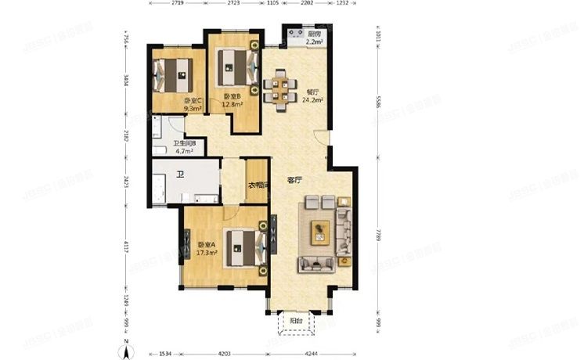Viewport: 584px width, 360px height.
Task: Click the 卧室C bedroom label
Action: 193,101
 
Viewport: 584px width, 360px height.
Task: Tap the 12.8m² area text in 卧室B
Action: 232,103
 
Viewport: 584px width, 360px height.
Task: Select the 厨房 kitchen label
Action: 314,34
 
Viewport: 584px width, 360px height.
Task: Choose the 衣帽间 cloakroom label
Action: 259,185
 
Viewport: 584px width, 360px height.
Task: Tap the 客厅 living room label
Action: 294,180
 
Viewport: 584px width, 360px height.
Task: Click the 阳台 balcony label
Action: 296,320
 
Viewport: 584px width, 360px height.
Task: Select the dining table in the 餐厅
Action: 280,88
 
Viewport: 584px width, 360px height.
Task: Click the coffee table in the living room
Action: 320,231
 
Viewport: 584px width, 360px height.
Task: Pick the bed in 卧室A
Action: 241,248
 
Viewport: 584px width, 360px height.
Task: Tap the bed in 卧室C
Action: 175,75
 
